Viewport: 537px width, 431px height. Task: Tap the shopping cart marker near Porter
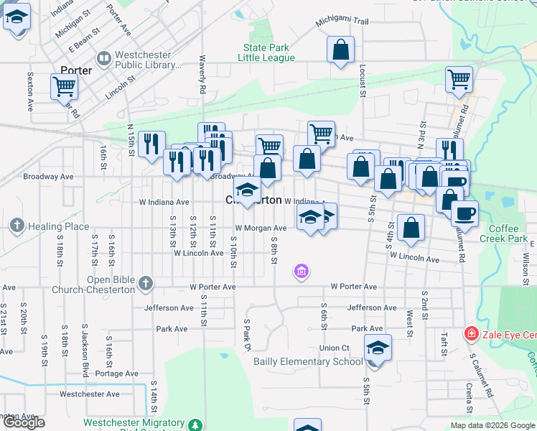[x=65, y=86]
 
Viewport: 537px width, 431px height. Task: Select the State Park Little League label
[x=268, y=53]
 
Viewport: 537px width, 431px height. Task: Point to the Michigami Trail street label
[x=342, y=22]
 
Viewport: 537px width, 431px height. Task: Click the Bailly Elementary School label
[x=308, y=361]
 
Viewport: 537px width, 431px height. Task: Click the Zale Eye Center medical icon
[x=471, y=334]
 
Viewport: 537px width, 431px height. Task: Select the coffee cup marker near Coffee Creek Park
[x=464, y=213]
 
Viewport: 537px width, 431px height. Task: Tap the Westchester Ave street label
[x=90, y=394]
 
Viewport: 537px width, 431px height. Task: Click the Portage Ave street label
[x=116, y=374]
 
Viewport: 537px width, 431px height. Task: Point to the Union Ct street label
[x=335, y=348]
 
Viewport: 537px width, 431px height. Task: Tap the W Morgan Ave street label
[x=261, y=228]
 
